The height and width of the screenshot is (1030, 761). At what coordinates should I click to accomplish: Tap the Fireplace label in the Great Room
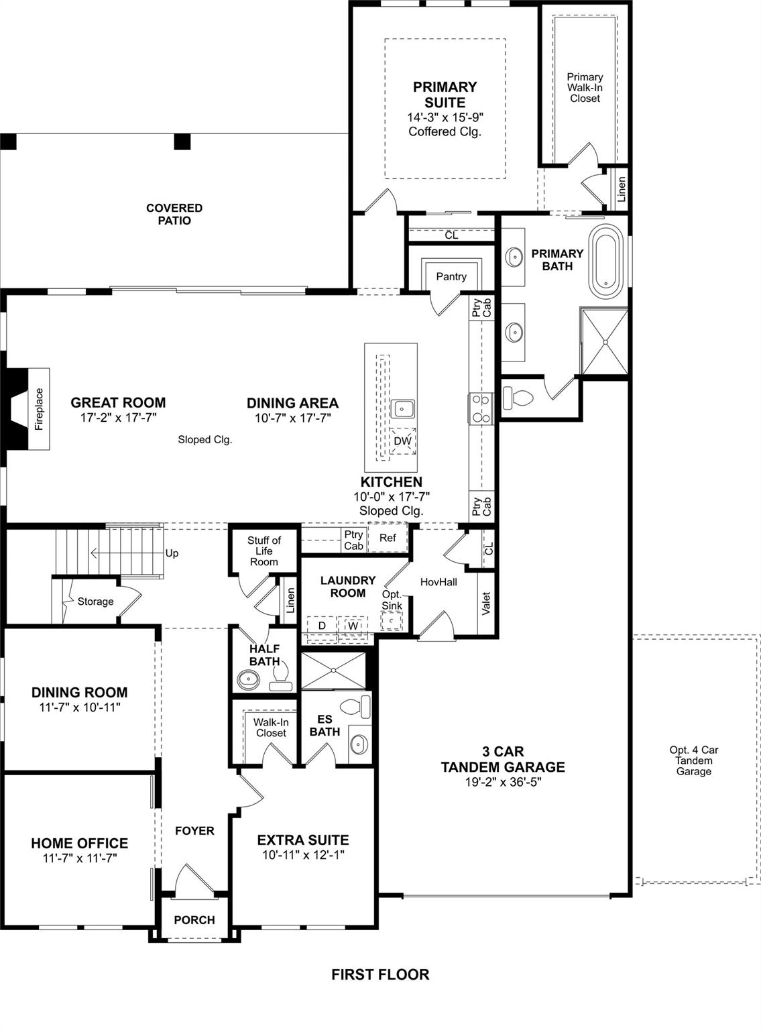pos(39,408)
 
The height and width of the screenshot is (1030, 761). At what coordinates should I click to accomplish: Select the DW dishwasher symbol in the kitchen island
pos(402,441)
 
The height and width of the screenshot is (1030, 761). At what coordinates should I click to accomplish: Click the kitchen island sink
pos(403,408)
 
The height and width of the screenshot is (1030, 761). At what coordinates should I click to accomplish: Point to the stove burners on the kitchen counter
pos(481,408)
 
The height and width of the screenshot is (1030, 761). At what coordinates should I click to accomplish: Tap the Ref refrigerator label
pos(388,538)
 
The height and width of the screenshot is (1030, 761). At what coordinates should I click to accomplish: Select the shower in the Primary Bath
pos(605,341)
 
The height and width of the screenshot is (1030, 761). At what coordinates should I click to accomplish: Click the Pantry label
pos(451,276)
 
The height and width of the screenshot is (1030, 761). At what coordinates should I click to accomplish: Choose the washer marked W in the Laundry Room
pos(353,626)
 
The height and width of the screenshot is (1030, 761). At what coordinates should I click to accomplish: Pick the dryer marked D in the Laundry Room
pos(322,626)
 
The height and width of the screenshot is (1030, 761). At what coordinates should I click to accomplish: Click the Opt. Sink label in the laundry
pos(392,600)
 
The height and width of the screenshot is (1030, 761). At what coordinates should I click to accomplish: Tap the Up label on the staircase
pos(172,553)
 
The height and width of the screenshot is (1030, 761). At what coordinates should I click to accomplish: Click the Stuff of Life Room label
pos(264,551)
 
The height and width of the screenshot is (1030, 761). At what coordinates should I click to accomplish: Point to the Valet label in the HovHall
pos(486,603)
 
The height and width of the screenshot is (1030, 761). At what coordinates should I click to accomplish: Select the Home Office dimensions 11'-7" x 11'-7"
pos(80,858)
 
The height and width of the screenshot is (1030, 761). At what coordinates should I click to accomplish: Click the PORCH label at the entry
pos(194,920)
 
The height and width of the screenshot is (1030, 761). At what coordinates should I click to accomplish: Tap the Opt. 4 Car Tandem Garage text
pos(693,760)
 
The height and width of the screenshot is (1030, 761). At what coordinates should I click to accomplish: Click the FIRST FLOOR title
pos(380,974)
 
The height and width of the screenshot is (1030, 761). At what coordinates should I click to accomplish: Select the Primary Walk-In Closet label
pos(585,87)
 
